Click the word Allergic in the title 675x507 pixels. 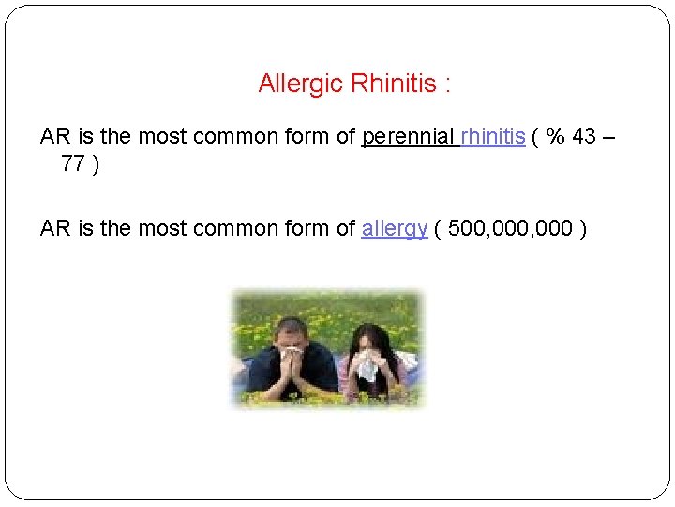point(300,84)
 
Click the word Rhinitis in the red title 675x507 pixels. point(394,84)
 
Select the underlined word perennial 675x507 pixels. point(409,137)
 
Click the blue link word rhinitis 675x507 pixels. point(492,136)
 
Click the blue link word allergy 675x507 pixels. point(395,228)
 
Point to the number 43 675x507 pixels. point(583,137)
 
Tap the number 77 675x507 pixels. point(74,164)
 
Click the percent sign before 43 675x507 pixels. point(556,137)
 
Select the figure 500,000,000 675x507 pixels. point(511,228)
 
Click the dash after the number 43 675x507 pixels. point(609,137)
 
